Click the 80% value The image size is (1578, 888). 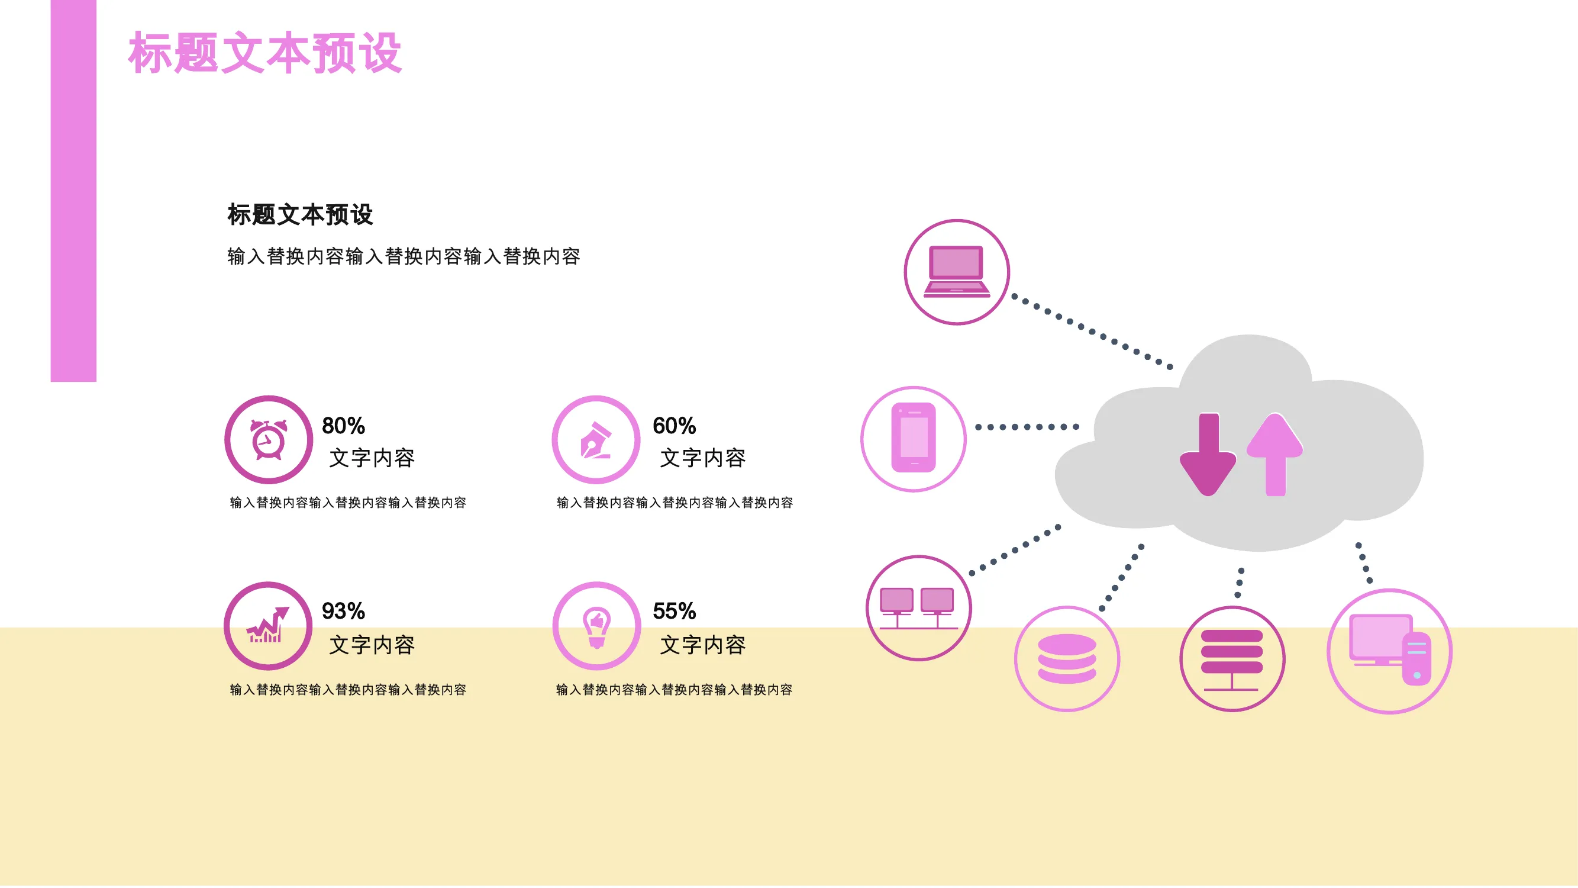click(x=343, y=426)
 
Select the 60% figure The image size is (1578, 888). click(x=674, y=426)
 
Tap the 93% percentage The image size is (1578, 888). click(x=343, y=611)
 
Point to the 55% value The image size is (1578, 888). click(x=674, y=611)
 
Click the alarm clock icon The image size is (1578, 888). click(x=268, y=440)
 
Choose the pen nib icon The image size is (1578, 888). click(x=596, y=440)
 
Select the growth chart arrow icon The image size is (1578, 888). click(x=267, y=625)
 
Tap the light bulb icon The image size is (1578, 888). click(x=596, y=627)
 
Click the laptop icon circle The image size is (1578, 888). click(x=957, y=272)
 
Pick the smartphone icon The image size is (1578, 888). click(x=914, y=438)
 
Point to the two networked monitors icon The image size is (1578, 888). click(x=918, y=609)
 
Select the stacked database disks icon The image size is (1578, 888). click(x=1067, y=659)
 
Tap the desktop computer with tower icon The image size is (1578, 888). click(x=1390, y=649)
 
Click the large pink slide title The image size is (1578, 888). click(x=264, y=53)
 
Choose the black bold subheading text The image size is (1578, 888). click(x=300, y=214)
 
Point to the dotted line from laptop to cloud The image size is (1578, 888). click(x=1092, y=332)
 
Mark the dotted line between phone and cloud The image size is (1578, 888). click(x=1027, y=427)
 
